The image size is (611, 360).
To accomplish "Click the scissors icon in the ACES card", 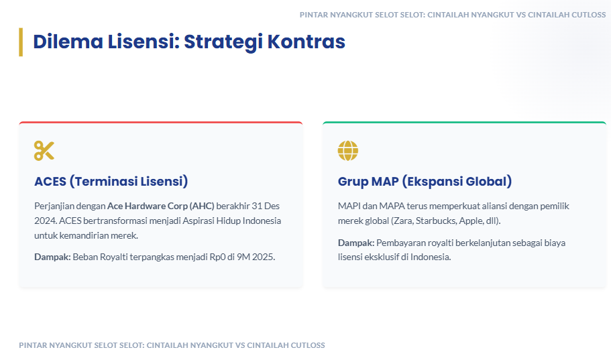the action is coord(44,151).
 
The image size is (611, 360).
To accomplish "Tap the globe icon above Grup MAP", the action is coord(347,151).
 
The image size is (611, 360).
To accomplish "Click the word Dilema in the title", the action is coord(68,42).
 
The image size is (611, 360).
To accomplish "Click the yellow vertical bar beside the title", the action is coord(21,42).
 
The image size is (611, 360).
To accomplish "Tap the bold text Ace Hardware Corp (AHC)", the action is coord(161,206).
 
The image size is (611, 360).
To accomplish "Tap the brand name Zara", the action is coord(403,221).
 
